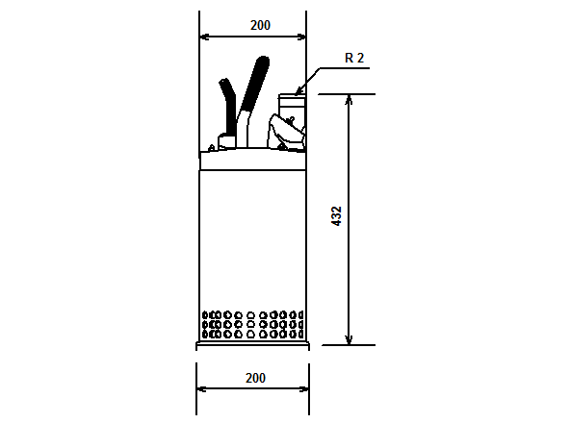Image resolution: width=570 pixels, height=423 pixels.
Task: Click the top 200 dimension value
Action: [x=260, y=25]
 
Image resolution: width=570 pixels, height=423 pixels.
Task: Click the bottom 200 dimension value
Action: [x=254, y=378]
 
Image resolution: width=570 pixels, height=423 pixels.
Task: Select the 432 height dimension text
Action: [x=336, y=215]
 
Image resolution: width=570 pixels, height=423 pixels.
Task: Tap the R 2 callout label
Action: [x=354, y=58]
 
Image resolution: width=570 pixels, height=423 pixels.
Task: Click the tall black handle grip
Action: [x=254, y=85]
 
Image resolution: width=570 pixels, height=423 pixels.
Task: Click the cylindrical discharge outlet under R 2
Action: [x=291, y=105]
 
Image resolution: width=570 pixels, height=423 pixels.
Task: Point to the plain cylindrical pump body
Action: [x=252, y=240]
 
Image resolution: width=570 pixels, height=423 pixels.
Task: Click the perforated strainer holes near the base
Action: [x=252, y=324]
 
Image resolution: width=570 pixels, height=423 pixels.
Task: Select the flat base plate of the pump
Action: [x=252, y=344]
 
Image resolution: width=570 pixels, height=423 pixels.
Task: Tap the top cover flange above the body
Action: [x=252, y=160]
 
